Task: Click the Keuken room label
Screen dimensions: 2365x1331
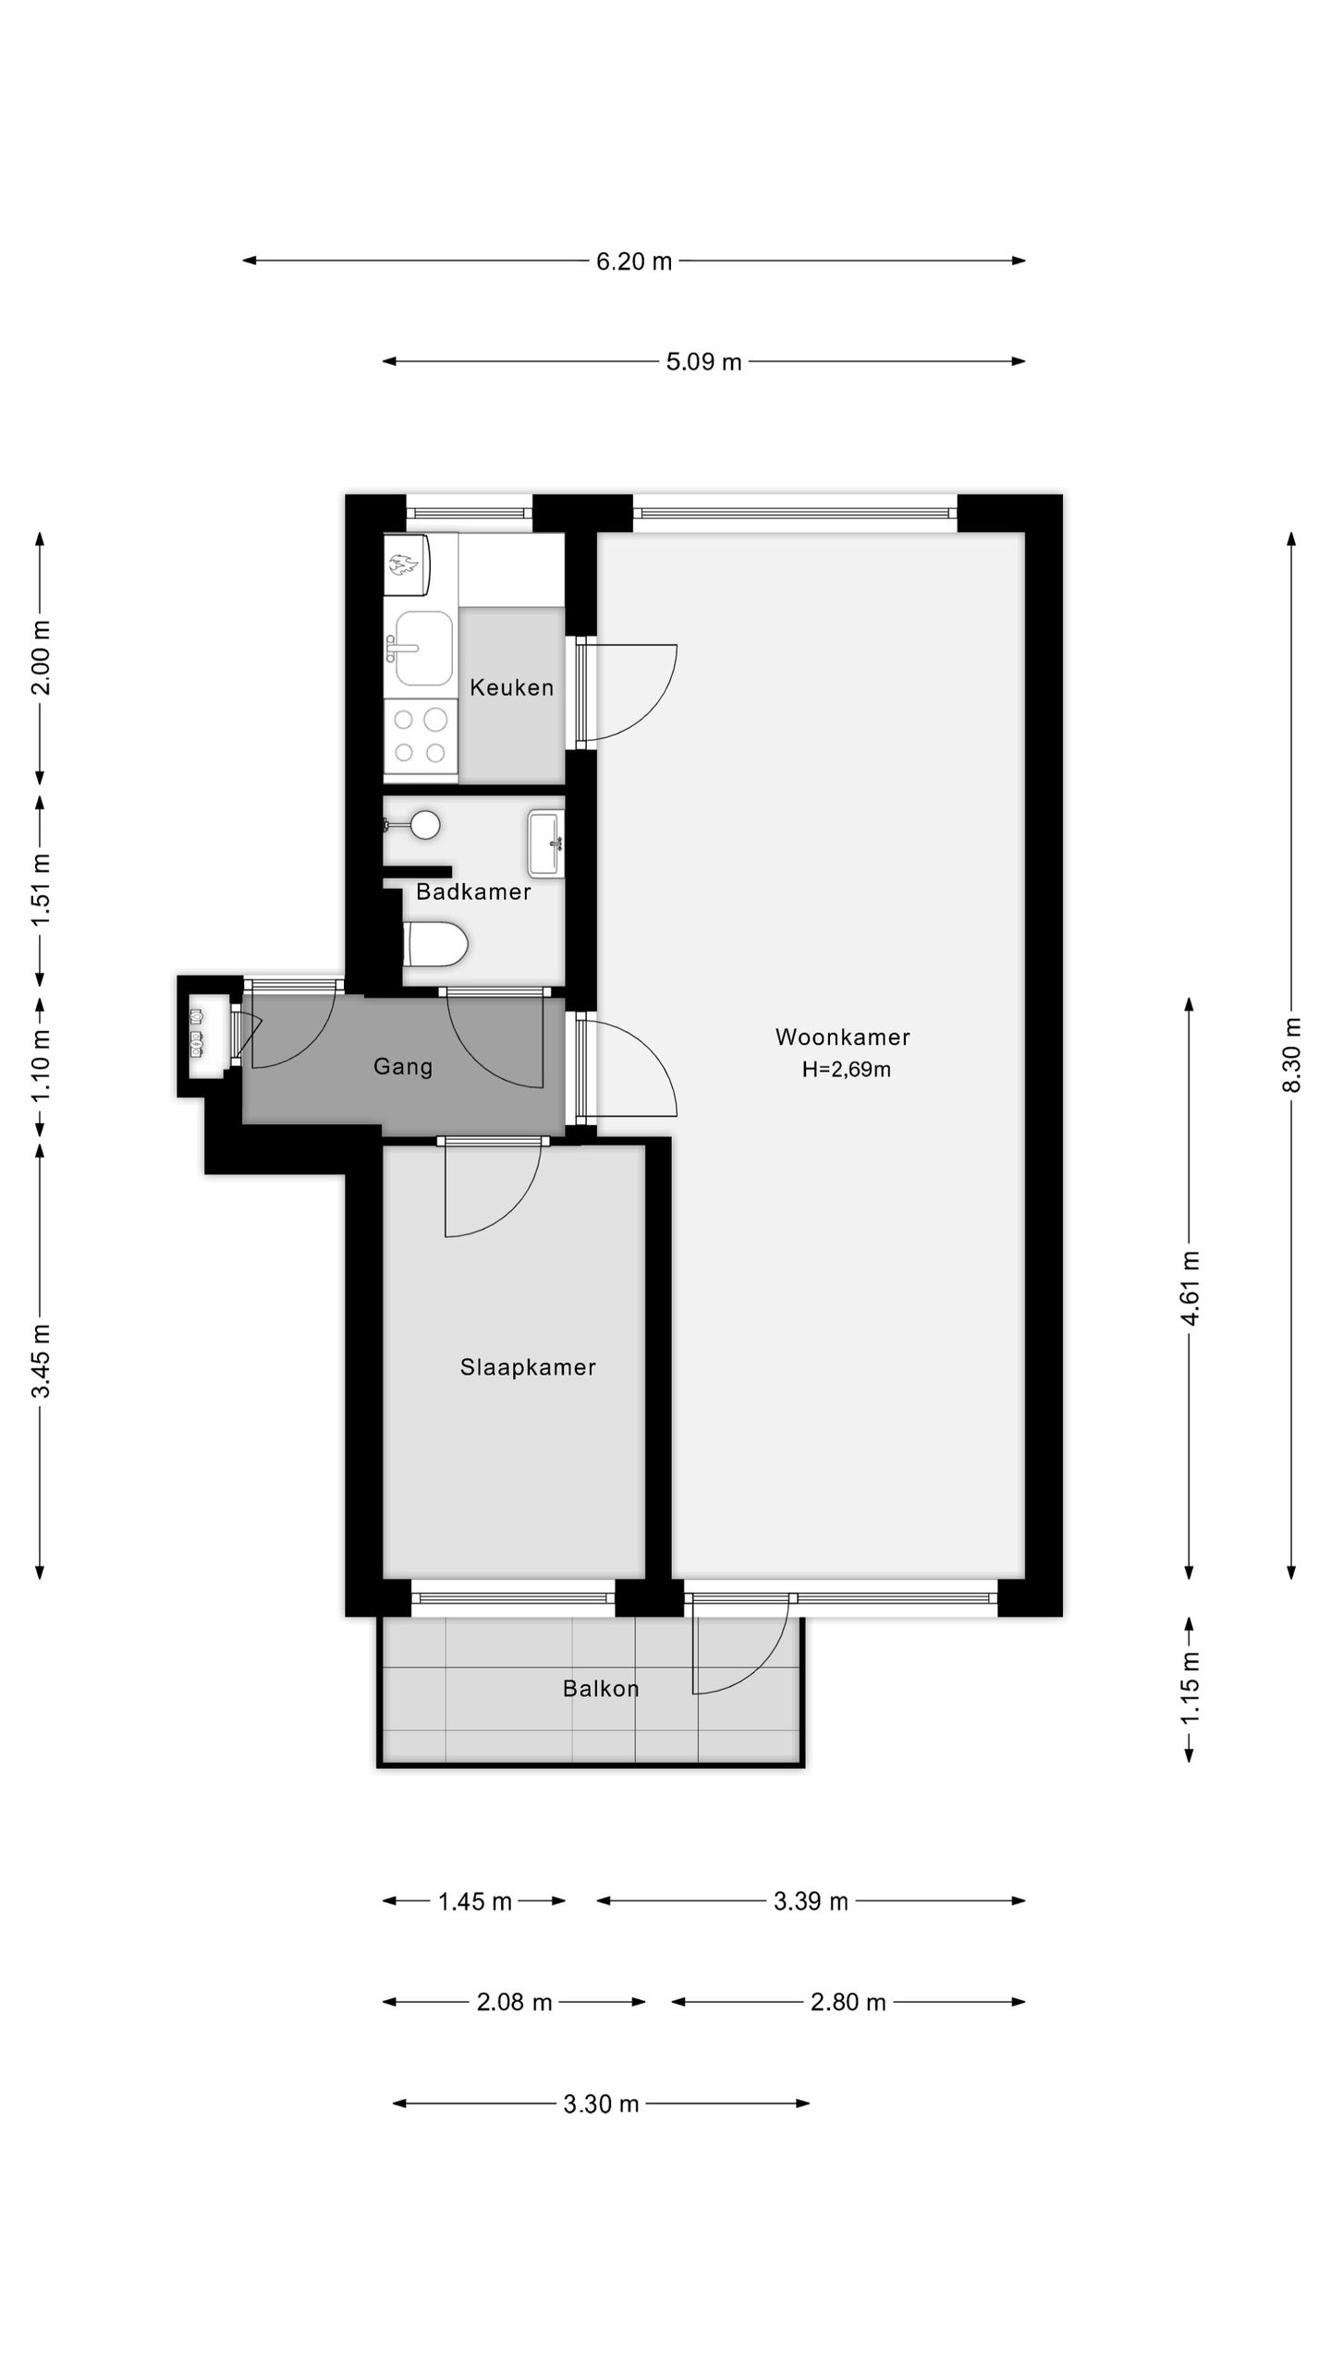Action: click(x=511, y=687)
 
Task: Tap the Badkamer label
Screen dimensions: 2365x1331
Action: click(x=473, y=891)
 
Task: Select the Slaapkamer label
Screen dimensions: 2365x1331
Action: click(x=528, y=1367)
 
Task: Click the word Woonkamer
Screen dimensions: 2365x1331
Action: click(x=842, y=1037)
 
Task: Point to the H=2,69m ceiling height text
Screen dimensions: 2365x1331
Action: click(x=846, y=1070)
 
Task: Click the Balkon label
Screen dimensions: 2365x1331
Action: click(x=601, y=1689)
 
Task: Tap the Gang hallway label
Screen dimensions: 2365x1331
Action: click(x=403, y=1066)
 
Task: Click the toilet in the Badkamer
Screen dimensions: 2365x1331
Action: click(x=436, y=944)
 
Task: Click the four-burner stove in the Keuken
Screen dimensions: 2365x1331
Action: click(x=421, y=735)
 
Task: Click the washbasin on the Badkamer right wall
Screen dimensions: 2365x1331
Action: click(x=545, y=843)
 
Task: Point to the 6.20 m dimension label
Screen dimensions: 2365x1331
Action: click(x=633, y=261)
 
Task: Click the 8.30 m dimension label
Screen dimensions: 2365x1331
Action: click(x=1291, y=1055)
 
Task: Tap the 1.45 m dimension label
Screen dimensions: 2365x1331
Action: click(x=474, y=1901)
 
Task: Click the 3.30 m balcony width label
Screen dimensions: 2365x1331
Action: click(x=601, y=2104)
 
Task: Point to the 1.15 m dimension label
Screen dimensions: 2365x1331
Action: click(x=1190, y=1688)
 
